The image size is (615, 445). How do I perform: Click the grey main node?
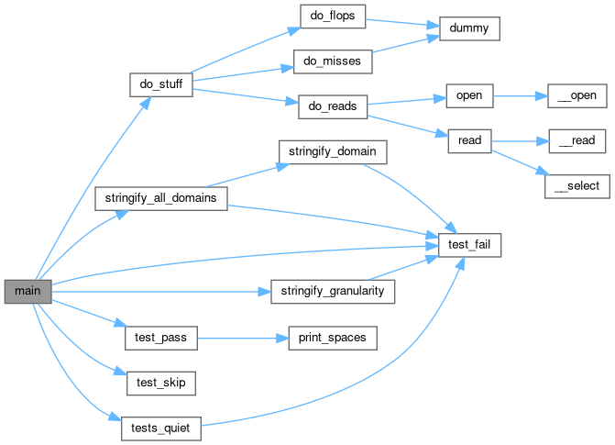27,292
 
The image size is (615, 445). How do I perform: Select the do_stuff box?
160,85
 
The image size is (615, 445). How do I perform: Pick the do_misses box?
333,61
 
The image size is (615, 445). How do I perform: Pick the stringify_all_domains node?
160,197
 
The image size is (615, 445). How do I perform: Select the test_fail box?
468,245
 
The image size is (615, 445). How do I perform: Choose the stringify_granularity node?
333,292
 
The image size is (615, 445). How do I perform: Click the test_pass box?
160,338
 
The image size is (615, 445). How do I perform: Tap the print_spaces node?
333,338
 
